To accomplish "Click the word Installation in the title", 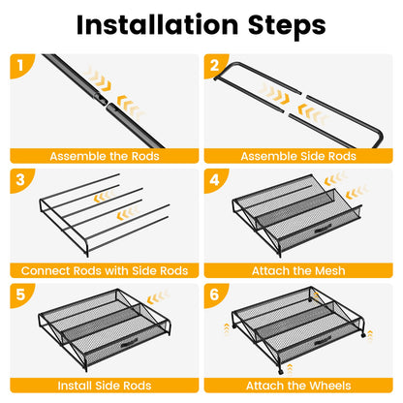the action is [158, 25].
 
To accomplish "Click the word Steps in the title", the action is [287, 25].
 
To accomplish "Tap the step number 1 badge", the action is [21, 66].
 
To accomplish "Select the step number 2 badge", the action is [215, 66].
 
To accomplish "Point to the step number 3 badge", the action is [20, 180].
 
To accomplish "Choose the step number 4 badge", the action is [215, 180].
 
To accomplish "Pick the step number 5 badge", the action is [20, 294].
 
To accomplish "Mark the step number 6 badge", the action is [215, 294].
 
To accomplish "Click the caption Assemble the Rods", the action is [105, 156].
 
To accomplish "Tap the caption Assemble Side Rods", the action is [298, 156].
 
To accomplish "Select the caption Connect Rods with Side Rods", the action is [105, 270].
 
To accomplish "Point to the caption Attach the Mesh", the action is [298, 270].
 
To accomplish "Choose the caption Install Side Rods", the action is [105, 386].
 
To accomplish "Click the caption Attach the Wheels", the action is [298, 386].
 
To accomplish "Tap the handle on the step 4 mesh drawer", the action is [323, 231].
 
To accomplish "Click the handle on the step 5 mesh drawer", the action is [129, 343].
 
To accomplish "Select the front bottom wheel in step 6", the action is [280, 372].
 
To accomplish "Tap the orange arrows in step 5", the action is [158, 297].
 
